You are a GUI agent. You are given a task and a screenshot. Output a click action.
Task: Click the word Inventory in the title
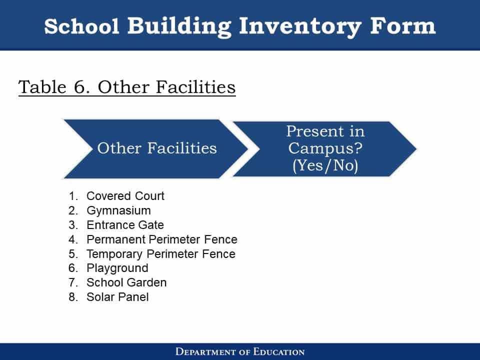pos(300,26)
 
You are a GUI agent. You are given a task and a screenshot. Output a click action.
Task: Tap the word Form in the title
pos(402,25)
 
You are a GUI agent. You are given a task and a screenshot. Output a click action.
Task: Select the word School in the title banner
pos(81,26)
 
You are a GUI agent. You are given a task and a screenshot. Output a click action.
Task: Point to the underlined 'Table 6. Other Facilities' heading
pos(127,87)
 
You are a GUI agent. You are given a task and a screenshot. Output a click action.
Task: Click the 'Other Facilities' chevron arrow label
pos(156,148)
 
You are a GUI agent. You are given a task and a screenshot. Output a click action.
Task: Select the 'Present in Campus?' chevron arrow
pos(324,149)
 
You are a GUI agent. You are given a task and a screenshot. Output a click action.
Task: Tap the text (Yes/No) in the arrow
pos(325,165)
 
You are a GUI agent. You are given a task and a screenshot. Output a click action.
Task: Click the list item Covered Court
pos(125,196)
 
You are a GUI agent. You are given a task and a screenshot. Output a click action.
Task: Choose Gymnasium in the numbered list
pos(119,210)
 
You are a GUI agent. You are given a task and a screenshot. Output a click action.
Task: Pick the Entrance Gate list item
pos(125,225)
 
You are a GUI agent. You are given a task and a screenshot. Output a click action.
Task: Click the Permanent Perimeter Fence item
pos(162,239)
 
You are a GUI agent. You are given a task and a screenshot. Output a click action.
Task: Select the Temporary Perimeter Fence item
pos(161,254)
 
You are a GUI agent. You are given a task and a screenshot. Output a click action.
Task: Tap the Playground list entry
pos(117,268)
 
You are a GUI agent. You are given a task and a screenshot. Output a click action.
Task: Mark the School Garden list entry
pos(126,282)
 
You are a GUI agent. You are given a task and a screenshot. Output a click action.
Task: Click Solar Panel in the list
pos(117,297)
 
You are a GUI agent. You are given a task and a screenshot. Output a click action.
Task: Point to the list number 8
pos(73,297)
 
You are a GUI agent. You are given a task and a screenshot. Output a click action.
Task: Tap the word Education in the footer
pos(279,351)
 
